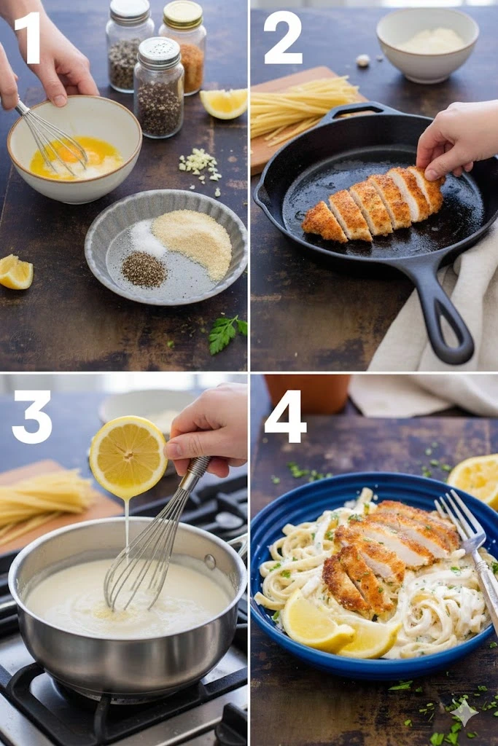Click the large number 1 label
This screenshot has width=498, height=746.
(28, 38)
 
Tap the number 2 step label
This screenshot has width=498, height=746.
(283, 38)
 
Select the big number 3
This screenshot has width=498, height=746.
(32, 417)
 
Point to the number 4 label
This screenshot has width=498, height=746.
(284, 417)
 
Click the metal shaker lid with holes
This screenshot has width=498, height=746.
(159, 51)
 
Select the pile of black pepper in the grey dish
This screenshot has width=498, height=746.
(144, 270)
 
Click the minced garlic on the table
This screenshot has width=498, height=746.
(200, 164)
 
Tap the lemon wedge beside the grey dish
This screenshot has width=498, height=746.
(15, 272)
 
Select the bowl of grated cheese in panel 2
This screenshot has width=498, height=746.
(427, 44)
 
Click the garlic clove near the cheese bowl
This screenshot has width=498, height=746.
(363, 60)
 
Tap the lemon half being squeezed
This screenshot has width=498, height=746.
(128, 458)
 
